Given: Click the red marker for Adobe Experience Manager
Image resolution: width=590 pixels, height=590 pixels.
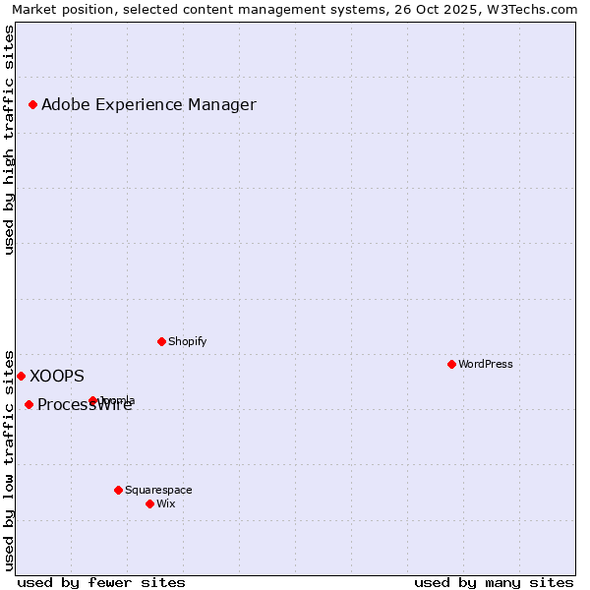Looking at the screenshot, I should [x=32, y=104].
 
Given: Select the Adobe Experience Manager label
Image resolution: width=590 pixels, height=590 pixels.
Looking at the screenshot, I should [x=148, y=104].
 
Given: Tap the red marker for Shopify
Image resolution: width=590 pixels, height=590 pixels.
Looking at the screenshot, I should [x=161, y=341].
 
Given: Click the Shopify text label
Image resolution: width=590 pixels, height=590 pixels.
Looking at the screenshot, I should [x=187, y=341].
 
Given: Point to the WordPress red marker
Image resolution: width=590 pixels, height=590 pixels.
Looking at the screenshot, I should [x=451, y=364].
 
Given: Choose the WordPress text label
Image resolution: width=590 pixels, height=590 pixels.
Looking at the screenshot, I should [x=485, y=364].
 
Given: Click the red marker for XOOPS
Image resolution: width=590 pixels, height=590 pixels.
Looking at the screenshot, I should [x=21, y=376].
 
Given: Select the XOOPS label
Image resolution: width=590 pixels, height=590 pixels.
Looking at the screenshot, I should [x=57, y=376].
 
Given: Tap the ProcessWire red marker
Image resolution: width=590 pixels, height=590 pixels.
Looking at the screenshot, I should [x=29, y=404].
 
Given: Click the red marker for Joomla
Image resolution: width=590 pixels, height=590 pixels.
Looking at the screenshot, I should [x=92, y=400].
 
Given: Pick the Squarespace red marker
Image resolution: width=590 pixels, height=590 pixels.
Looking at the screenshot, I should [x=118, y=490].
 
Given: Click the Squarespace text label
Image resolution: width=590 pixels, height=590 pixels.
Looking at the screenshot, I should [x=158, y=490].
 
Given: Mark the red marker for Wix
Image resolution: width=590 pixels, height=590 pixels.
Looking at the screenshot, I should [x=149, y=503].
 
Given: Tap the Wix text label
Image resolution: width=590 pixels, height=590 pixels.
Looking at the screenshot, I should [x=165, y=503].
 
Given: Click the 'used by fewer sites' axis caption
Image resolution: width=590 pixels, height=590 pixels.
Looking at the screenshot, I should [x=101, y=582].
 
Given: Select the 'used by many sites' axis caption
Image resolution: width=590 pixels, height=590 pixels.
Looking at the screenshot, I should [x=494, y=582].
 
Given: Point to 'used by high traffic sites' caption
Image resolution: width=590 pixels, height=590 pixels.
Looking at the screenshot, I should [x=9, y=140].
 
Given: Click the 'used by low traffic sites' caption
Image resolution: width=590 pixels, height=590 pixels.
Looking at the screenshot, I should [x=9, y=459].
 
